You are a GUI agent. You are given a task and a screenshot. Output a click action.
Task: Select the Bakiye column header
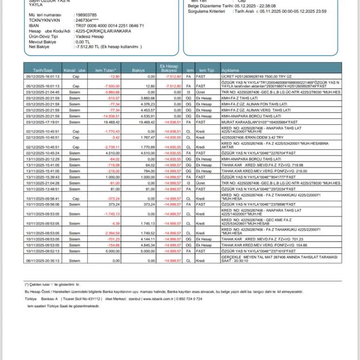coord(138,70)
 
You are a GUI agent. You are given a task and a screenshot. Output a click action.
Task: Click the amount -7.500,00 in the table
coord(112,86)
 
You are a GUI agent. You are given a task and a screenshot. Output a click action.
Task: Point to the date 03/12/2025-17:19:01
coord(43,122)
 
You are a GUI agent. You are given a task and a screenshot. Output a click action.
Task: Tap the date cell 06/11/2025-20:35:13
coord(43,260)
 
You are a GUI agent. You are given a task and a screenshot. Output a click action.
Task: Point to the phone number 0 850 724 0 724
coord(189,299)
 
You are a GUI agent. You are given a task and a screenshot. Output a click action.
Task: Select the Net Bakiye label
coord(39,47)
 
